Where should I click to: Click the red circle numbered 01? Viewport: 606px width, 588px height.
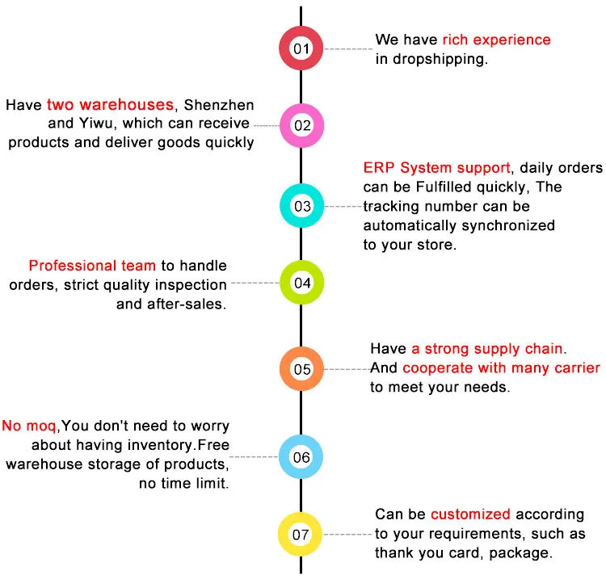tap(301, 48)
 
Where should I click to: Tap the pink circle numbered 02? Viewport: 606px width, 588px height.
tap(301, 125)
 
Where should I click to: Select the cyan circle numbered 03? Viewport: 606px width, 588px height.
tap(301, 206)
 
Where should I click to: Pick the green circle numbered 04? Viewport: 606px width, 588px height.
tap(301, 283)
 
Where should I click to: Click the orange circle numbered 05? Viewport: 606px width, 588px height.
tap(301, 369)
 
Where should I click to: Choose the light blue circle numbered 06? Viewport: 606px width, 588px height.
tap(301, 457)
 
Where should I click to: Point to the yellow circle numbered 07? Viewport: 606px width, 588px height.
tap(301, 534)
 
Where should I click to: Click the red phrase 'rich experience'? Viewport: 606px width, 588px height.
tap(496, 40)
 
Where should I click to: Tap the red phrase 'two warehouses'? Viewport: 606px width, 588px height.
tap(111, 105)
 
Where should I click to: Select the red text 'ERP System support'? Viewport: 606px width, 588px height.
tap(436, 168)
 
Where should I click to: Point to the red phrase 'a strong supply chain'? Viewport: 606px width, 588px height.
tap(489, 349)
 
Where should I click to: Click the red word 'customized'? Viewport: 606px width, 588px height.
tap(470, 514)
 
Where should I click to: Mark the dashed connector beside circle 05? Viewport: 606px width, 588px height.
tap(347, 369)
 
